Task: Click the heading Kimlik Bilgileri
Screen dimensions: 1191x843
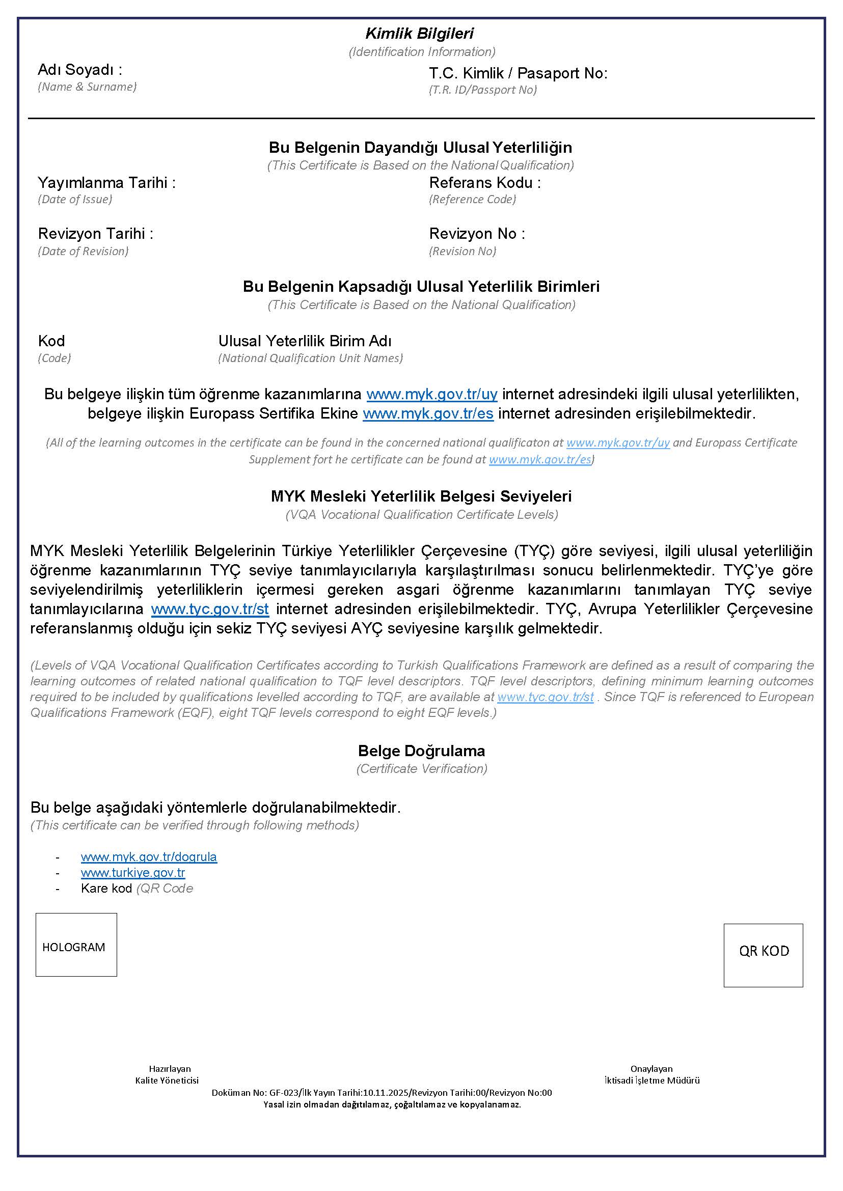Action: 419,34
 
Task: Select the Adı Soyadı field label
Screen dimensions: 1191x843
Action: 80,70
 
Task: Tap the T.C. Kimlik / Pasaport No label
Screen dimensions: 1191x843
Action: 518,73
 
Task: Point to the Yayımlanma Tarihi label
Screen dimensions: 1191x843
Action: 106,183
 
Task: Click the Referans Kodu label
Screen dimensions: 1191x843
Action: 485,183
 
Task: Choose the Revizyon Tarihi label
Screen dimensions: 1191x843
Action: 96,234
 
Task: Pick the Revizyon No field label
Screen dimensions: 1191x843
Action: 477,234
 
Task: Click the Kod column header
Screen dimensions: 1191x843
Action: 51,341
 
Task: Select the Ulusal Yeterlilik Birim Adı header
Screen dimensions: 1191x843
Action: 305,341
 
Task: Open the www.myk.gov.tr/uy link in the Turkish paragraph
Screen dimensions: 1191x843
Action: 432,395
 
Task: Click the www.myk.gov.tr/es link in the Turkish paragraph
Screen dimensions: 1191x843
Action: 428,413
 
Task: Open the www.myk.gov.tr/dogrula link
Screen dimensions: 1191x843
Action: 149,857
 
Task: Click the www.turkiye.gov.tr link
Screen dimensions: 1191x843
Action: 133,873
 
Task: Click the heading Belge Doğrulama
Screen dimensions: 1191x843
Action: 422,751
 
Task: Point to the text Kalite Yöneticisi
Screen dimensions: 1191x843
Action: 167,1081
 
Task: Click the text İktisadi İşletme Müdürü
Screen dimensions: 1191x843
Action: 652,1081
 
